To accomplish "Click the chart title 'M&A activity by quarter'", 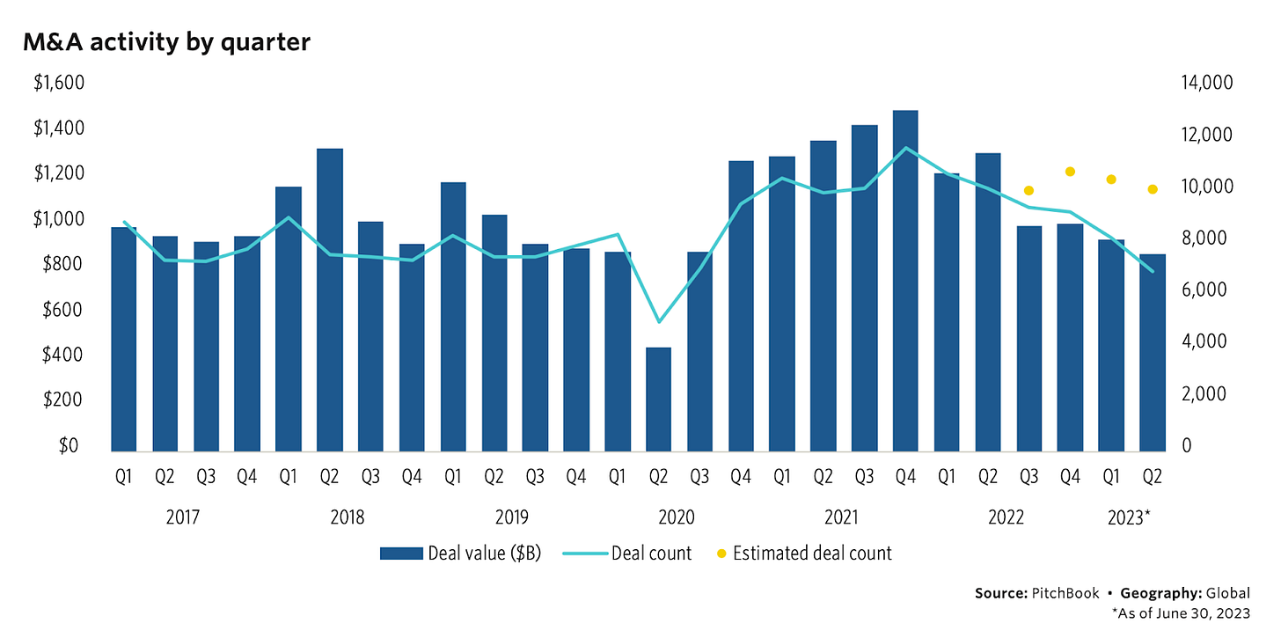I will pyautogui.click(x=167, y=41).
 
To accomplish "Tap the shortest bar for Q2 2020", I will pyautogui.click(x=658, y=399).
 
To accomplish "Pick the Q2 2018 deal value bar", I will pyautogui.click(x=330, y=299).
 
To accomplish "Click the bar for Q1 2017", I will pyautogui.click(x=124, y=339).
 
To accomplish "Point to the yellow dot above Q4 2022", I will pyautogui.click(x=1070, y=172).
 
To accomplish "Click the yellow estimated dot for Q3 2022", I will pyautogui.click(x=1028, y=191).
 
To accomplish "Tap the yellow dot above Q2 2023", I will pyautogui.click(x=1152, y=189).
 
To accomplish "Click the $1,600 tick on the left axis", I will pyautogui.click(x=58, y=83).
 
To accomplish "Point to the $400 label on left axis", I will pyautogui.click(x=62, y=355).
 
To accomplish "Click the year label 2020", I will pyautogui.click(x=677, y=517).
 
